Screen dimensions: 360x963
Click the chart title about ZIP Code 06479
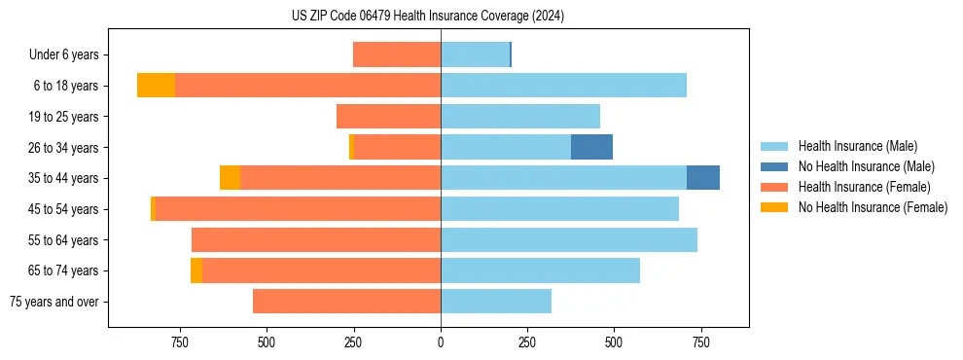(x=428, y=16)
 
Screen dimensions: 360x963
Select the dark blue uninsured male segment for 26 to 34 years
(x=591, y=147)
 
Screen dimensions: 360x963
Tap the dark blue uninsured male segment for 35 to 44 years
(x=703, y=178)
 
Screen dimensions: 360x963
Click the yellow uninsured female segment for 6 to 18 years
(x=156, y=86)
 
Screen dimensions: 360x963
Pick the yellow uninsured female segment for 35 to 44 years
(x=230, y=178)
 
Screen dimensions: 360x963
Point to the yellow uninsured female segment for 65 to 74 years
(x=196, y=270)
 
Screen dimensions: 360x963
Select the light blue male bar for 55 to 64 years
(x=569, y=239)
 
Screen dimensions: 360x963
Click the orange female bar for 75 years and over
(x=346, y=302)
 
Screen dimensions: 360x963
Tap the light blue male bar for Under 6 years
(x=475, y=54)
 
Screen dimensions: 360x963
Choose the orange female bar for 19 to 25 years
(x=388, y=117)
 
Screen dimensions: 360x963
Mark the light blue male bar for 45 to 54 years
(x=559, y=209)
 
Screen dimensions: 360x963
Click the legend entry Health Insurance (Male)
(x=857, y=146)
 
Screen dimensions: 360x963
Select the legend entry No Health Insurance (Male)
(x=866, y=166)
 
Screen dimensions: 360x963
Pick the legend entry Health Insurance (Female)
(x=864, y=187)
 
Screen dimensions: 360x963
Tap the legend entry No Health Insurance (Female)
(x=873, y=207)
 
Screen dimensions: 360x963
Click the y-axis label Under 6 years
(x=63, y=54)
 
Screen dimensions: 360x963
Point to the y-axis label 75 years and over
(x=54, y=302)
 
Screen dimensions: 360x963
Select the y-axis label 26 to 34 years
(x=64, y=147)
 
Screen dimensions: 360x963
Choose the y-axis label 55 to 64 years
(x=64, y=239)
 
